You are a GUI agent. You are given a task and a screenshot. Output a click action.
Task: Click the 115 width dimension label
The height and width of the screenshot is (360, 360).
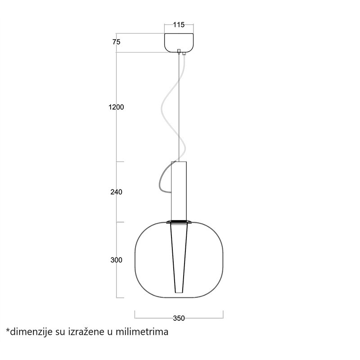tap(179, 25)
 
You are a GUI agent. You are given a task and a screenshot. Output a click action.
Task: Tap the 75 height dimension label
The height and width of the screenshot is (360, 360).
tap(117, 42)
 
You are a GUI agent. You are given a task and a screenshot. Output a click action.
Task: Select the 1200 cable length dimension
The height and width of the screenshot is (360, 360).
tap(116, 107)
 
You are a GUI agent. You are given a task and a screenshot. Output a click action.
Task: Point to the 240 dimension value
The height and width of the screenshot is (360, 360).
tap(117, 192)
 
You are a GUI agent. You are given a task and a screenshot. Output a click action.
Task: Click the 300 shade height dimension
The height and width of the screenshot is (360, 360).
tap(117, 260)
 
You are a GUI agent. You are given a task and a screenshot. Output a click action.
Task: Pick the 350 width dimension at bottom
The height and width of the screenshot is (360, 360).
tap(179, 318)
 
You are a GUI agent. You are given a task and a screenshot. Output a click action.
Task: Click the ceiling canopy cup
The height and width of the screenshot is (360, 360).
tap(179, 43)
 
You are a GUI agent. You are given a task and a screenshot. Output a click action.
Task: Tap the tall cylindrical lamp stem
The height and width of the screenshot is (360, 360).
tap(179, 190)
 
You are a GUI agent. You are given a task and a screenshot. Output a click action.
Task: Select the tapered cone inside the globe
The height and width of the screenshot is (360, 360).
tap(179, 258)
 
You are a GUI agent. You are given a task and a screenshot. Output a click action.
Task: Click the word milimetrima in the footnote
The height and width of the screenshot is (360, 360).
tap(142, 332)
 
